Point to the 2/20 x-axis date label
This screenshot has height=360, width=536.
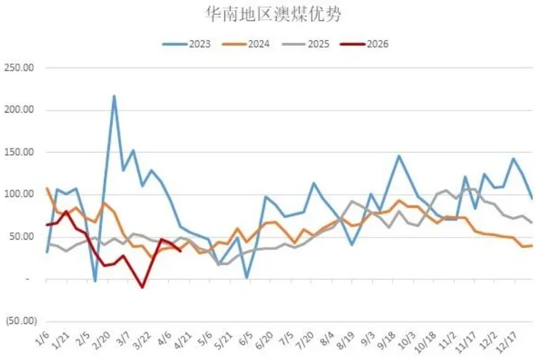coord(101,341)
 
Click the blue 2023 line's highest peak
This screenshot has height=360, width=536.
coord(114,96)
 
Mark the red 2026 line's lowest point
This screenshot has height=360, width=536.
coord(142,287)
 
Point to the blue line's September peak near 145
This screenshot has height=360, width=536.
coord(399,156)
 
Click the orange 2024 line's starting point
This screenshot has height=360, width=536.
coord(46,189)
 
